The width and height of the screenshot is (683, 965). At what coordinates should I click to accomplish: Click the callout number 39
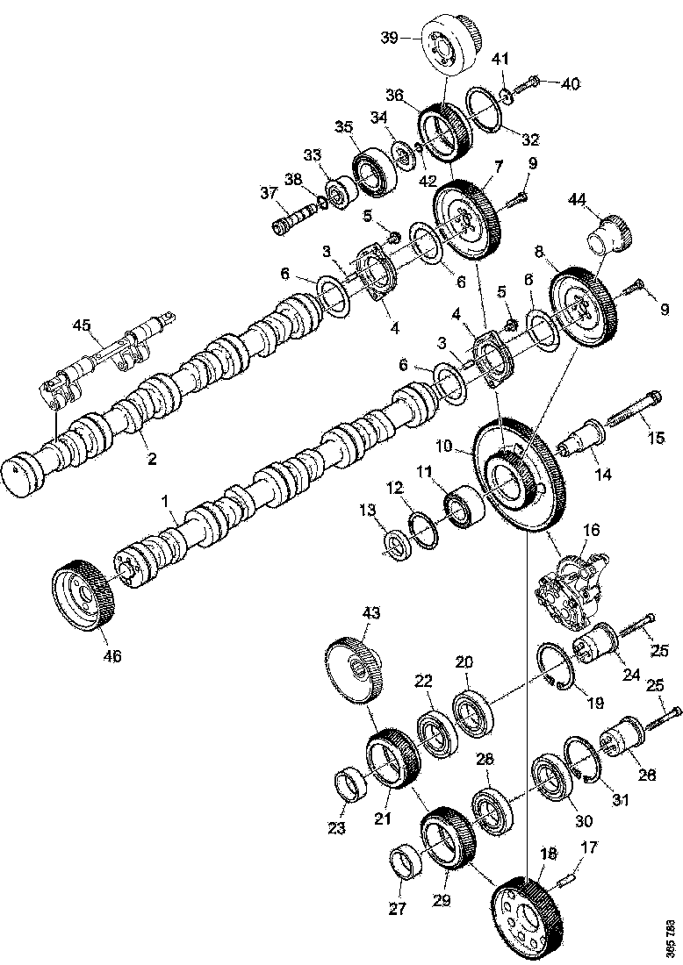click(389, 37)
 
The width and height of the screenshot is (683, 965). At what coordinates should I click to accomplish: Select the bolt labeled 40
click(525, 85)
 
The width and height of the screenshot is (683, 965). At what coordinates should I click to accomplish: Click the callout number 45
click(82, 326)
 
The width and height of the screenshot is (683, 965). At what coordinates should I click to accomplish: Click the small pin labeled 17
click(572, 872)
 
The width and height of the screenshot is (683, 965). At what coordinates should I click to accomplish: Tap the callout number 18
click(549, 853)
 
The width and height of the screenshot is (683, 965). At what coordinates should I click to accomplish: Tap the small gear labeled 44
click(605, 234)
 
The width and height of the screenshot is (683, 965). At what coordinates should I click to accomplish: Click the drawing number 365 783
click(671, 938)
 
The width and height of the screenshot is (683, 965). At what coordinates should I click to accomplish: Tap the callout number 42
click(428, 182)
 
